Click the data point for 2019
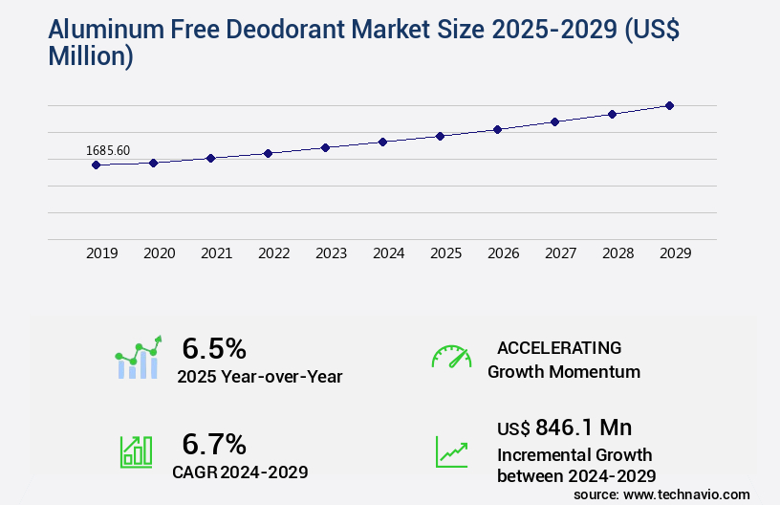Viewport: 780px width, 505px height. pyautogui.click(x=96, y=165)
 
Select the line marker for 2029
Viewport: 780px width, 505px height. pyautogui.click(x=669, y=105)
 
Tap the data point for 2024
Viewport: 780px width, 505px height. pyautogui.click(x=382, y=142)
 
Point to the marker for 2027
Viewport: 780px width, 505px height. pyautogui.click(x=554, y=121)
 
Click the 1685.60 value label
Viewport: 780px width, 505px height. pyautogui.click(x=108, y=150)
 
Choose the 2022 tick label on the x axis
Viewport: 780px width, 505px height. pyautogui.click(x=273, y=253)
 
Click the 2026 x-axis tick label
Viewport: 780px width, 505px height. pyautogui.click(x=503, y=253)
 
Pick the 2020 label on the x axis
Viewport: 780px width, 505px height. pyautogui.click(x=159, y=253)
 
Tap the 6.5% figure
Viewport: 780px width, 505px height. pyautogui.click(x=214, y=347)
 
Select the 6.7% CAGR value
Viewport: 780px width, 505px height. pyautogui.click(x=214, y=444)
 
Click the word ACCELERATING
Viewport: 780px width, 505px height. pyautogui.click(x=559, y=347)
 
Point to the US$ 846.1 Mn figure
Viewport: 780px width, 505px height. pyautogui.click(x=564, y=427)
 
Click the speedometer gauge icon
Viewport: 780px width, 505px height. pyautogui.click(x=451, y=357)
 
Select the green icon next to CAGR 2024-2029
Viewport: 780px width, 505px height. pyautogui.click(x=136, y=451)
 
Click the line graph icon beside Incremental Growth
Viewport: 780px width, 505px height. pyautogui.click(x=451, y=451)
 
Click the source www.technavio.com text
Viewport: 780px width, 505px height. pyautogui.click(x=661, y=494)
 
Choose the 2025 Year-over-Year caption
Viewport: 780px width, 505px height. pyautogui.click(x=259, y=377)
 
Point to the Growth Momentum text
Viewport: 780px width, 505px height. pyautogui.click(x=564, y=371)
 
